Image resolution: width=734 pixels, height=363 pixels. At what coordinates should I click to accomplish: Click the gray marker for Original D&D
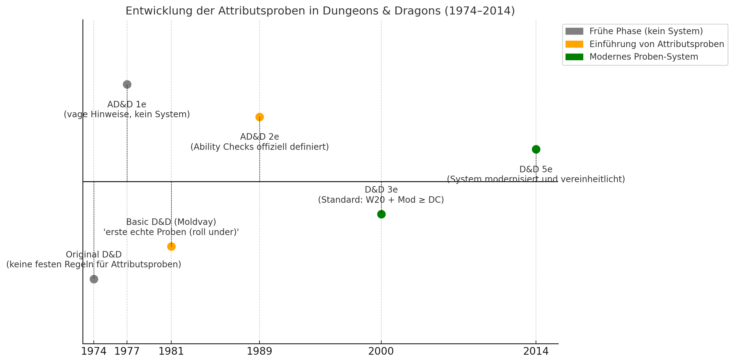tap(94, 279)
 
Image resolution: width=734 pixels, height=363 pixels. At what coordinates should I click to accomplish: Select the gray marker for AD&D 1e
tap(127, 84)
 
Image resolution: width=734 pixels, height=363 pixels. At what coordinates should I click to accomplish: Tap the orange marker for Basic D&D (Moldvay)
tap(171, 246)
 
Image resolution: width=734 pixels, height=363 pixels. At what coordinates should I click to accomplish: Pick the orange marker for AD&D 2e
tap(260, 117)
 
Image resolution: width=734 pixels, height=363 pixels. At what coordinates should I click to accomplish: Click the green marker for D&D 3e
tap(381, 214)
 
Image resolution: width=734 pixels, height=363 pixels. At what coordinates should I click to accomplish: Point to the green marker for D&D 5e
tap(536, 149)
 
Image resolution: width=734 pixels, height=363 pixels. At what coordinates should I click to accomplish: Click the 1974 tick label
tap(94, 351)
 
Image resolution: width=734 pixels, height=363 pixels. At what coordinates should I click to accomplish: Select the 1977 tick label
tap(127, 351)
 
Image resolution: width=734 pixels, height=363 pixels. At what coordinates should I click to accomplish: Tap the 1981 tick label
tap(171, 351)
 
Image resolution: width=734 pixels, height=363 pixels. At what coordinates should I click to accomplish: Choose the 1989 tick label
tap(260, 351)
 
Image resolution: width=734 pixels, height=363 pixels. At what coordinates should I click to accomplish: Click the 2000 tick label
tap(381, 351)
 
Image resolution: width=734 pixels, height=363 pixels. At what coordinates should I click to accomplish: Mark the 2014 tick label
tap(536, 351)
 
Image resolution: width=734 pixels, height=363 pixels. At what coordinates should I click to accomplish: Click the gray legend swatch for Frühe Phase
tap(574, 31)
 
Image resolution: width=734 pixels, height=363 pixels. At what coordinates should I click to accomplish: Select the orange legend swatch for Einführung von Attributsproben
tap(574, 44)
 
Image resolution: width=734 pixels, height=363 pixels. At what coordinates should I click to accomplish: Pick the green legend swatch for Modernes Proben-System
tap(574, 57)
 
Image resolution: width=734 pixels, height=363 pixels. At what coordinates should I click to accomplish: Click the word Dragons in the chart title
tap(423, 11)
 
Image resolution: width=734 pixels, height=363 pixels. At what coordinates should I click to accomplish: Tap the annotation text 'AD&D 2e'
tap(260, 137)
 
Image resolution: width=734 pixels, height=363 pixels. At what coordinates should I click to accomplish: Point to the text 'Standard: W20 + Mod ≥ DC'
tap(381, 200)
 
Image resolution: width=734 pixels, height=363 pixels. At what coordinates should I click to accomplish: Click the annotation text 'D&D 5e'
tap(536, 170)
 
